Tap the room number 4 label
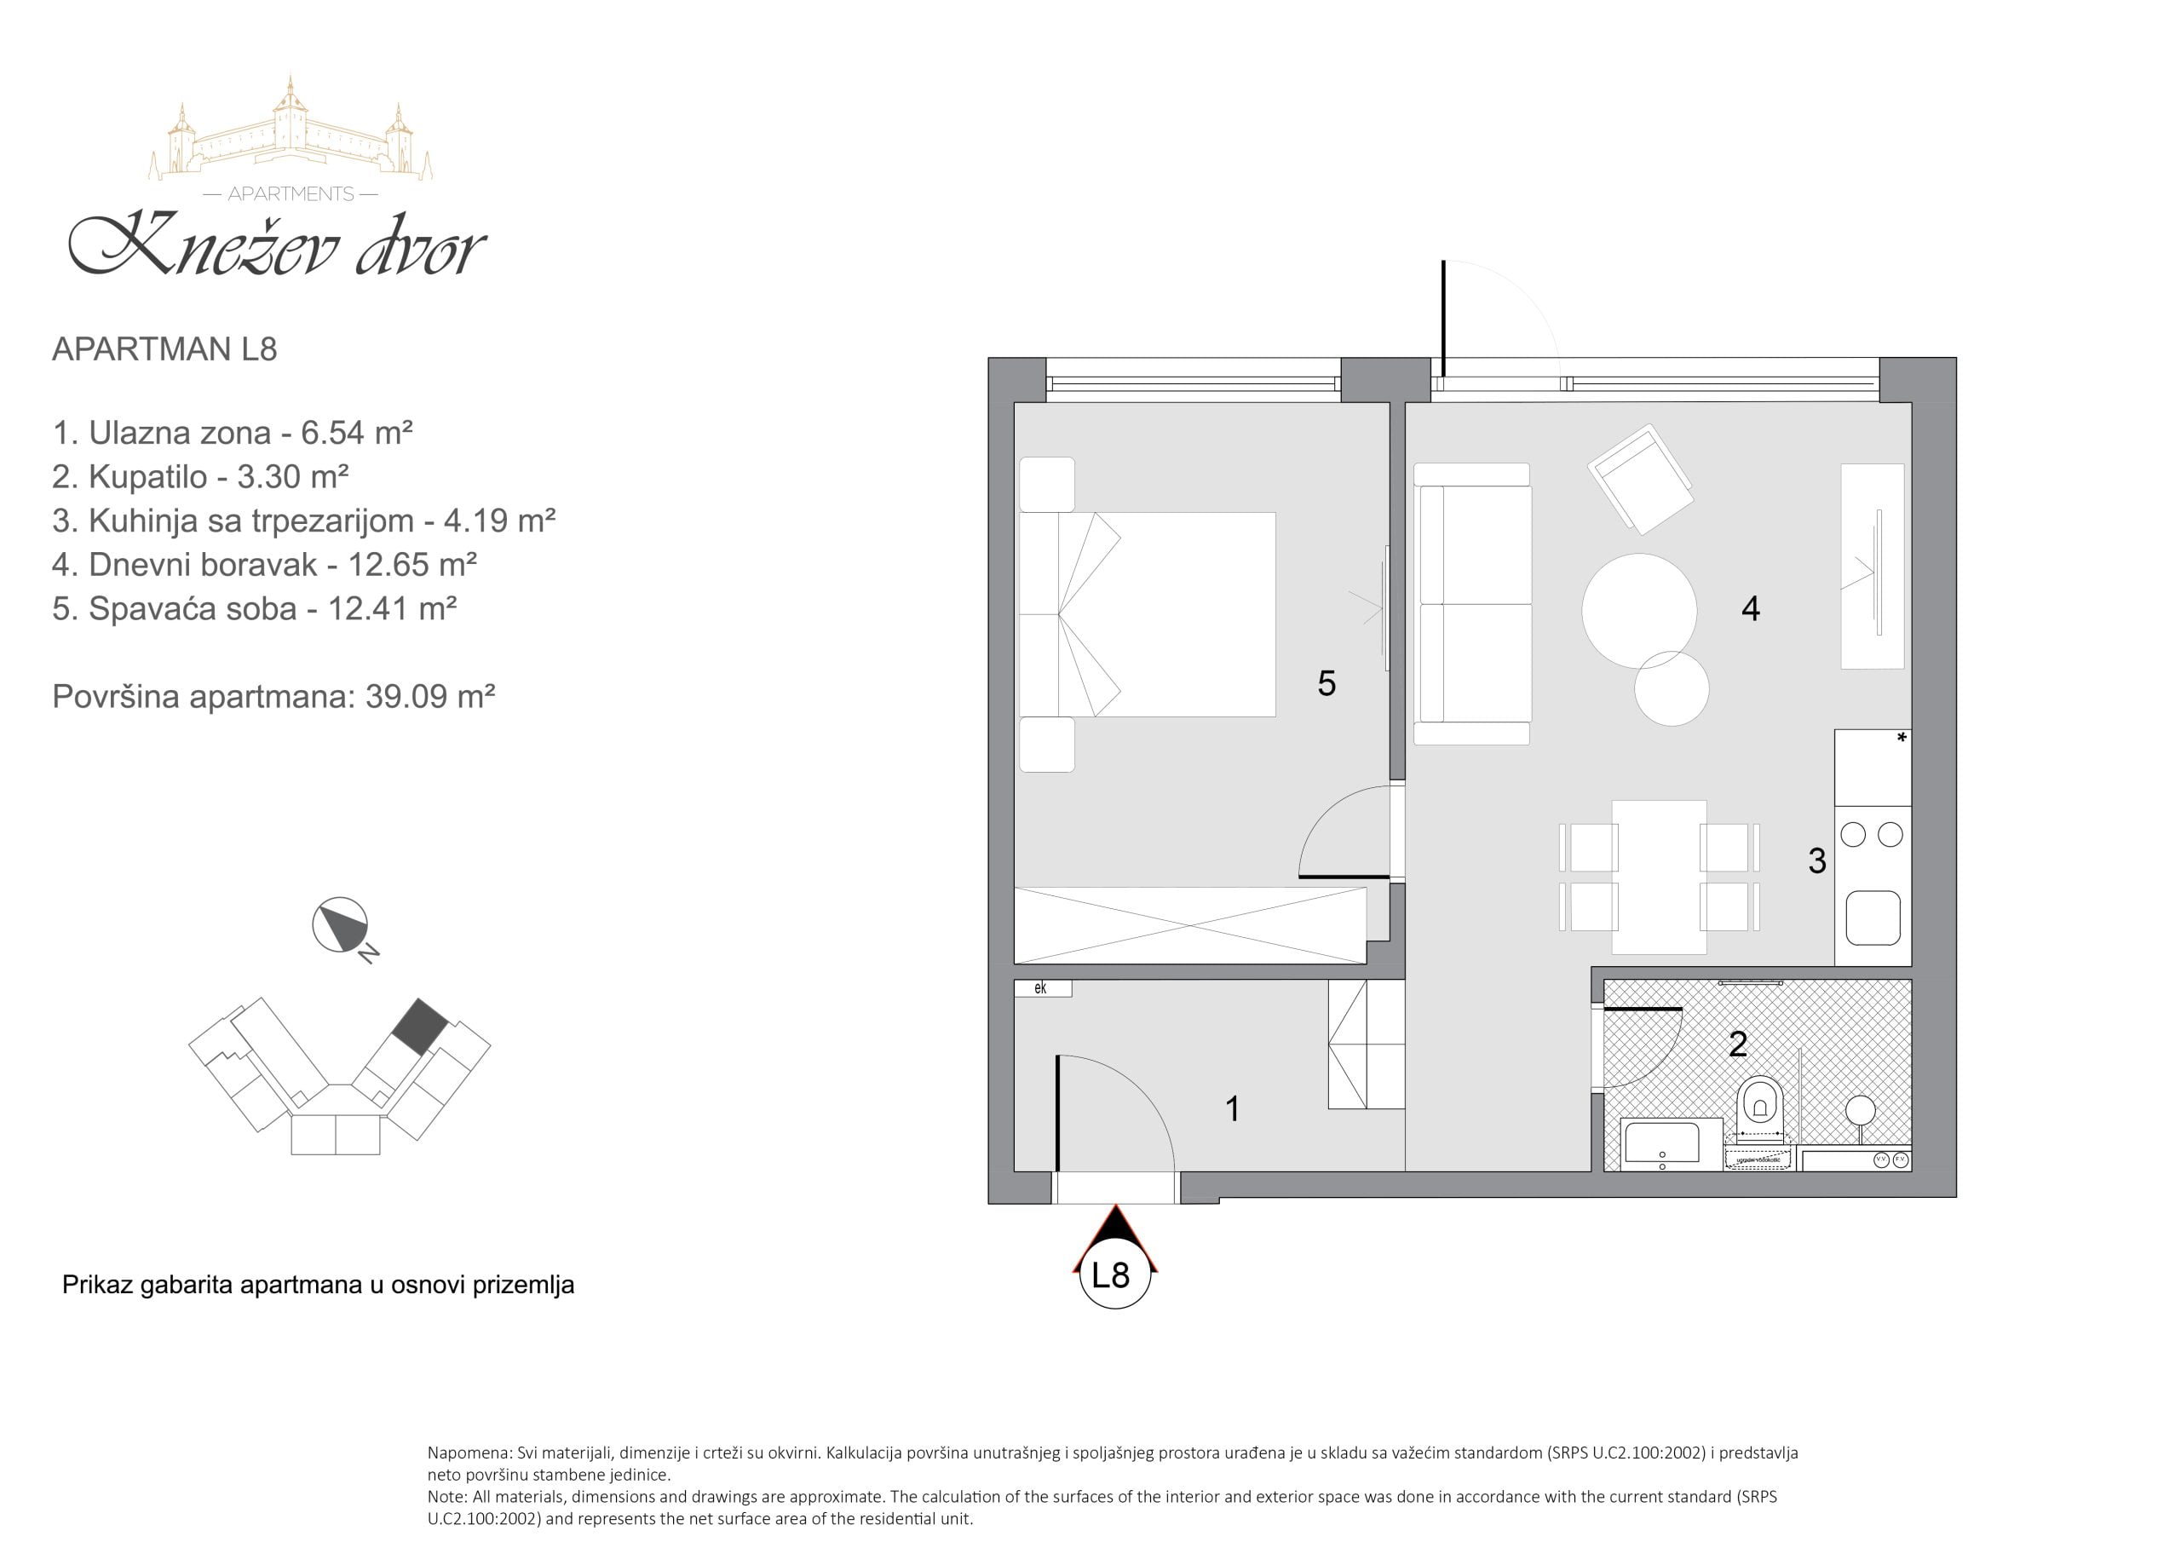(1751, 609)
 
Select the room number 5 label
(1327, 683)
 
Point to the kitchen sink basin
(1873, 918)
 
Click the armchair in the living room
(1641, 478)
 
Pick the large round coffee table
(1638, 611)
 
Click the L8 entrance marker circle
(1115, 1274)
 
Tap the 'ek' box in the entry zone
(1043, 988)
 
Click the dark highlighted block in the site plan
(420, 1026)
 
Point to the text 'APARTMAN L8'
(164, 349)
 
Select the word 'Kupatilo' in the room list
(147, 477)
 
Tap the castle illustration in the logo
(291, 129)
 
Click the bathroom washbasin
(1662, 1144)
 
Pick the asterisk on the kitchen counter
(1902, 737)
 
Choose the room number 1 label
(1233, 1108)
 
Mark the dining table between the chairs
(1659, 877)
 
